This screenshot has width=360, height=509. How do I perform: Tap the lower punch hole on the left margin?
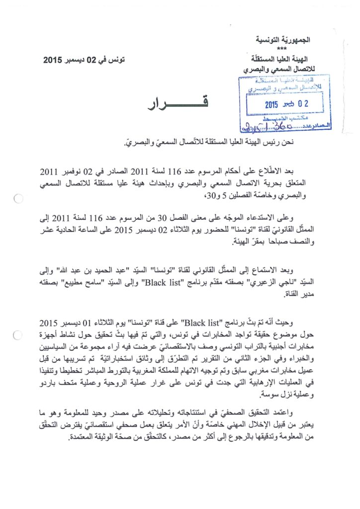pos(17,336)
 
